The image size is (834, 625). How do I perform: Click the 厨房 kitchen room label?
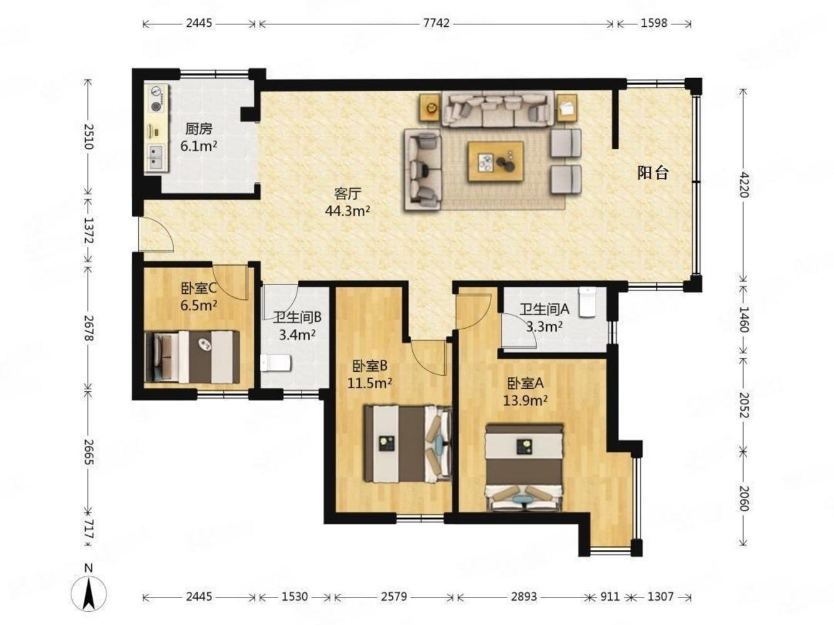point(198,129)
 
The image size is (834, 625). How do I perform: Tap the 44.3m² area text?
point(347,211)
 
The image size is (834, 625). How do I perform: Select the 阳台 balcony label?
point(653,173)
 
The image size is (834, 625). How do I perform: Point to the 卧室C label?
point(198,288)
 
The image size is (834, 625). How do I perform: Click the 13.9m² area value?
point(525,399)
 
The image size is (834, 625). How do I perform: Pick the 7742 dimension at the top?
point(436,24)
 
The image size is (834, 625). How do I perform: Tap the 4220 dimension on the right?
point(743,185)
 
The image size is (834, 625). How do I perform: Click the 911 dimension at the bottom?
point(609,596)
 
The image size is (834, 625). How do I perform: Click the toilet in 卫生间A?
point(587,302)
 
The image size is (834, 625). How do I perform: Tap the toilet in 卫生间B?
point(276,362)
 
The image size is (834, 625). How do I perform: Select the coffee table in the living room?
point(496,162)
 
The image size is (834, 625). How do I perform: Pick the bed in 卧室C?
point(192,357)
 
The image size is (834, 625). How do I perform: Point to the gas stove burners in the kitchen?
point(155,99)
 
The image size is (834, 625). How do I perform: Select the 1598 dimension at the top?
point(654,24)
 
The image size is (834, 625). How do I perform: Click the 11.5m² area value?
point(370,383)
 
